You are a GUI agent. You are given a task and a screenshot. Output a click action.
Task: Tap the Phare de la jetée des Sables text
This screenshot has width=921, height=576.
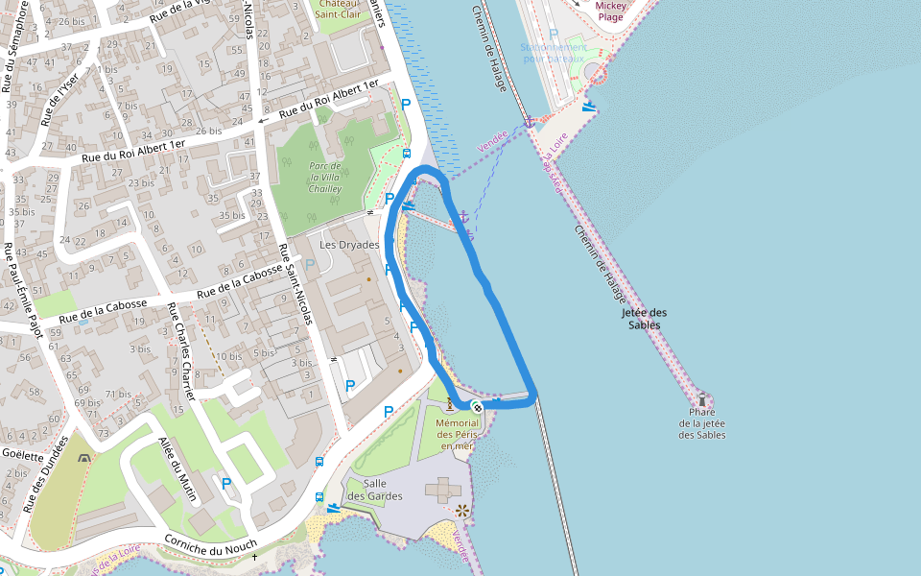coord(702,423)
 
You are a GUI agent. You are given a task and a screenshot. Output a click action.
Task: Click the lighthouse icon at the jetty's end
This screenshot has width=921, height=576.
coord(702,399)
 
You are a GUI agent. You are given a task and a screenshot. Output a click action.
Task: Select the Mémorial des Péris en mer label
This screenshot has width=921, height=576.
coord(457,434)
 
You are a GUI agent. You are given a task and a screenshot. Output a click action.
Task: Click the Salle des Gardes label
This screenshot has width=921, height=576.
coord(374,490)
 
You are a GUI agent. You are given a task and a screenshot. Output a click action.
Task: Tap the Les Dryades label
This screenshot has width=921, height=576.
coord(349,245)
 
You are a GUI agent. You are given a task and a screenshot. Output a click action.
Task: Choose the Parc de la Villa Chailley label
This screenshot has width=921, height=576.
coord(325,178)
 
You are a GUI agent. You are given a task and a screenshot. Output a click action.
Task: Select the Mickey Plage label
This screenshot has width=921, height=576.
coord(611,11)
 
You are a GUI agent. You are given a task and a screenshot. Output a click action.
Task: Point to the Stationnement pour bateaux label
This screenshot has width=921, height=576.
coord(553,52)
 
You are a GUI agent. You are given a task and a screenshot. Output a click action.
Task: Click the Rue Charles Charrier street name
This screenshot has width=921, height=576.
coord(181,352)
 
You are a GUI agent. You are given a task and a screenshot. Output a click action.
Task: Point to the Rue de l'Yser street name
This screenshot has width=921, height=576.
coord(60,99)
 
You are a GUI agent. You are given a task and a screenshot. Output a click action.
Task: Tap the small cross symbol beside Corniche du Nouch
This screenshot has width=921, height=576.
coord(254,557)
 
